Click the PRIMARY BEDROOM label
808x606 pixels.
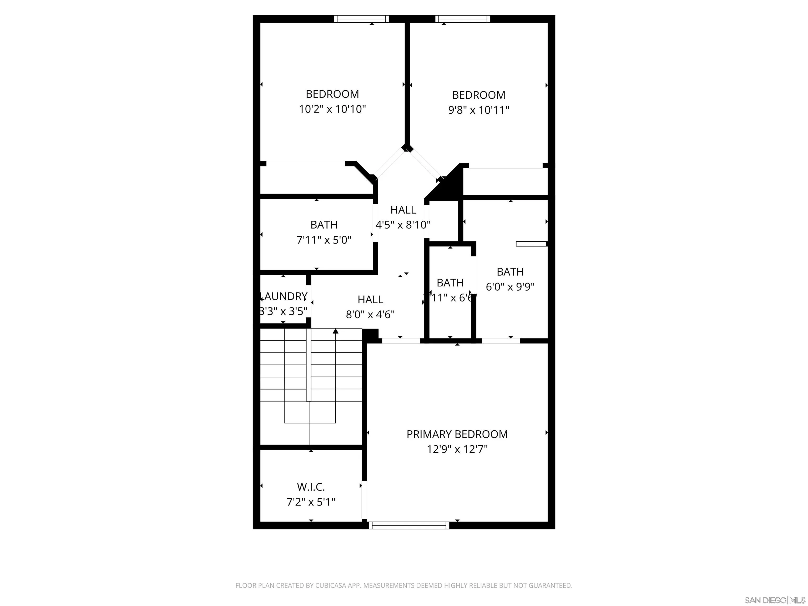(x=457, y=434)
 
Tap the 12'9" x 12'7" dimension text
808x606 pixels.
(x=457, y=449)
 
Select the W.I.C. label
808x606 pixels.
(x=311, y=487)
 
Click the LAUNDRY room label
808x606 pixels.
(x=284, y=296)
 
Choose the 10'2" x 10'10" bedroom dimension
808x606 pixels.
(x=332, y=109)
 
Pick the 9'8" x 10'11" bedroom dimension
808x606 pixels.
(x=478, y=110)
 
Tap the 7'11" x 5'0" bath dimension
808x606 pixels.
(x=324, y=240)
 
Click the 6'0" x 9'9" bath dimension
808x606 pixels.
(x=510, y=287)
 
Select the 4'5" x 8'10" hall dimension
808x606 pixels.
(x=403, y=225)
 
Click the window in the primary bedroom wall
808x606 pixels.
(x=409, y=525)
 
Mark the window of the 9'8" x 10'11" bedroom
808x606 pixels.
(x=462, y=19)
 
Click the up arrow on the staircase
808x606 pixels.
(x=335, y=331)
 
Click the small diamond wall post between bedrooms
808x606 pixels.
(x=407, y=148)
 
